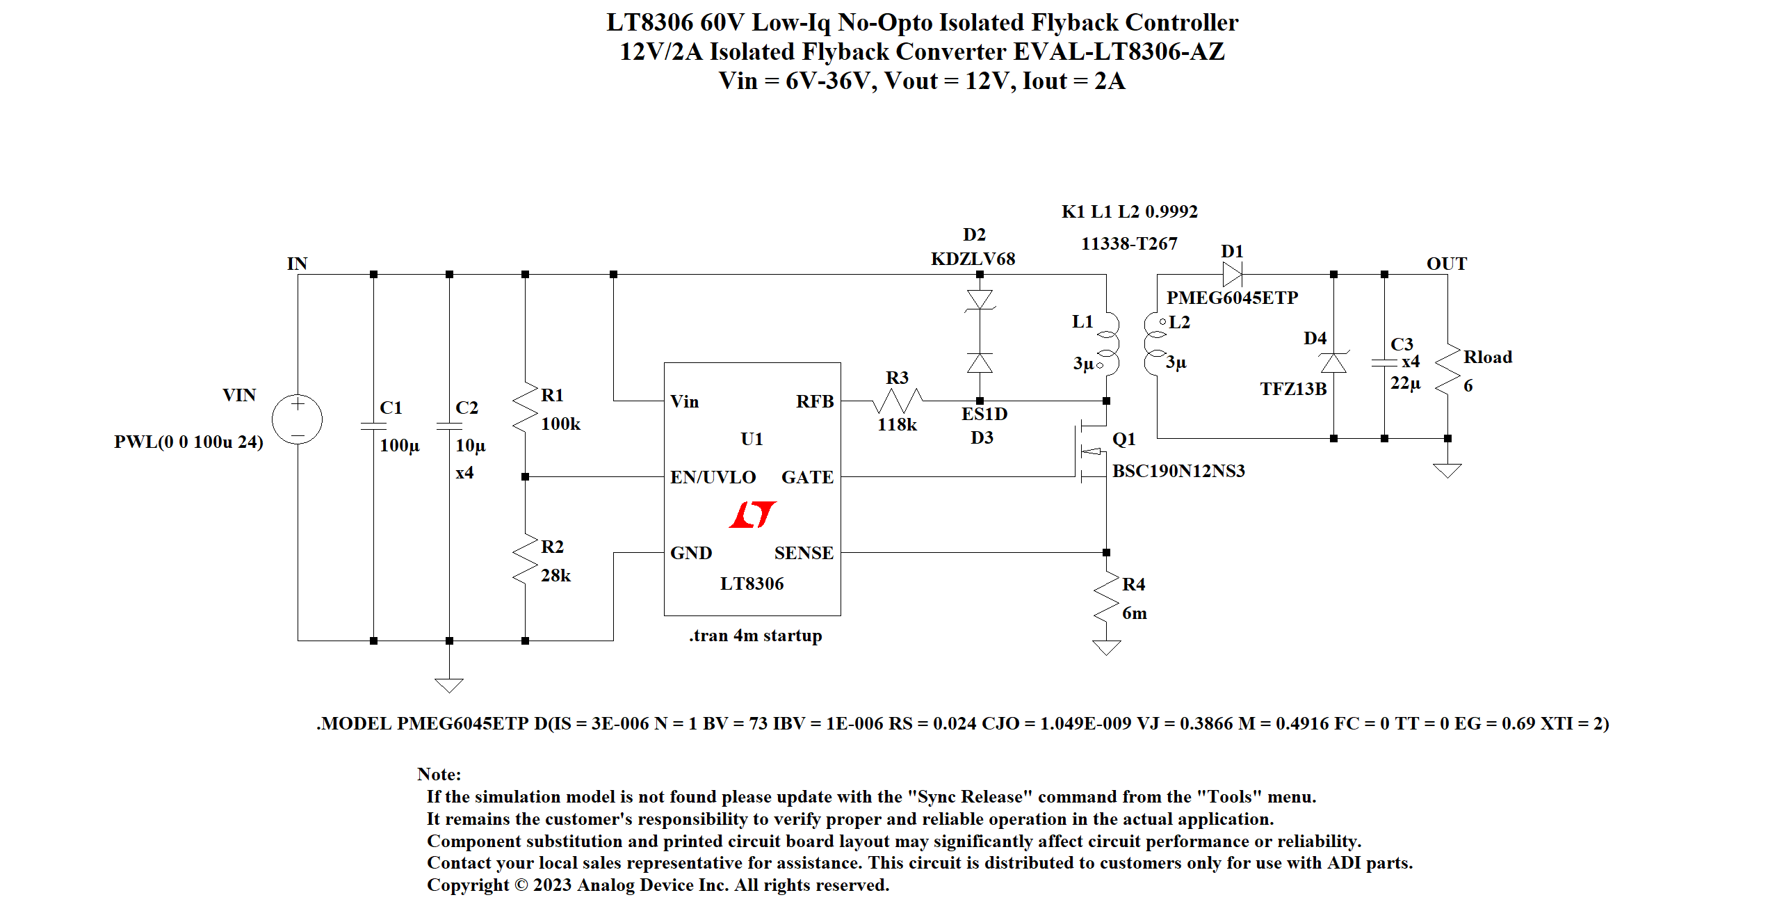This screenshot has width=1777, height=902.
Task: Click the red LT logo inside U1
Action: pos(753,515)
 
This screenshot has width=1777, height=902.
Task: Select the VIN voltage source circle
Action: pos(298,419)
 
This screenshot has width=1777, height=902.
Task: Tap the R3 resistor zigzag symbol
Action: pos(898,401)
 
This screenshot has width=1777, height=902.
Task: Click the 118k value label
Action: pos(897,424)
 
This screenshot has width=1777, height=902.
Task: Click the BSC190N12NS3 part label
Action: pos(1178,471)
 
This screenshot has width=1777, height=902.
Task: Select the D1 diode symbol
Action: pos(1233,274)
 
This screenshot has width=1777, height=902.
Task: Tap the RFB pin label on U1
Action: pos(815,401)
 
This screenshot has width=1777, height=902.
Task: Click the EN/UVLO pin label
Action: pos(713,477)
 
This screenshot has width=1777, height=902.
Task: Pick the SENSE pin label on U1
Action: pos(804,553)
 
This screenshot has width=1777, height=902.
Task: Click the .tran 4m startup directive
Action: pos(756,636)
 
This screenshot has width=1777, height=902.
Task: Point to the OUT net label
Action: pos(1447,264)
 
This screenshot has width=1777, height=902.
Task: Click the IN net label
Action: pos(297,264)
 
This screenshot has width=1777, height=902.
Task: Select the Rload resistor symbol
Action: pos(1447,369)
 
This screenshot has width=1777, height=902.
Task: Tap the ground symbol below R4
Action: pos(1106,647)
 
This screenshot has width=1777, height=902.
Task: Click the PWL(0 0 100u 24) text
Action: pos(188,442)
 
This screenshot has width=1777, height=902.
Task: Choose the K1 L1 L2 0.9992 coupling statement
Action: pos(1130,211)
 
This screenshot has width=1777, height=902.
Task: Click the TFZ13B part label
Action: pos(1293,389)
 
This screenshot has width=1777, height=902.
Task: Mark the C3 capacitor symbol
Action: pos(1384,362)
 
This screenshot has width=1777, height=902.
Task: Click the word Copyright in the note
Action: pos(468,885)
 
